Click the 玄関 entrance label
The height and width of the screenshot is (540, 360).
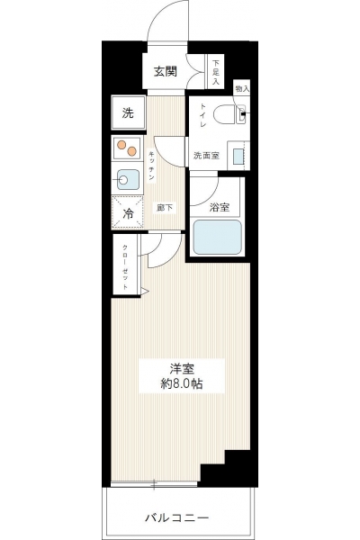[166, 71]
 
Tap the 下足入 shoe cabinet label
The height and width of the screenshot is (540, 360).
[216, 72]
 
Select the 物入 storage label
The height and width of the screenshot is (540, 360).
[242, 89]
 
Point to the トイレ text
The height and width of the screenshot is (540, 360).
[202, 115]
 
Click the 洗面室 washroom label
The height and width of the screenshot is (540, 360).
[206, 156]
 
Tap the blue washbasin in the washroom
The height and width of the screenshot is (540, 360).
[238, 157]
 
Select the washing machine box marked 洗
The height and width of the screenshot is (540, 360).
[128, 112]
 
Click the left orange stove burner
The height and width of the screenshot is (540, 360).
[121, 145]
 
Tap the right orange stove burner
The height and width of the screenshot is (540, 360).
[131, 151]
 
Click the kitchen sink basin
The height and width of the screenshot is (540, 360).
[128, 180]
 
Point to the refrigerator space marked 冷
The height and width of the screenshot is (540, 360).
[128, 212]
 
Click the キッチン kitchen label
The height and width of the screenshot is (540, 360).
[151, 166]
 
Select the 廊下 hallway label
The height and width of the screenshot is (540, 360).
[165, 208]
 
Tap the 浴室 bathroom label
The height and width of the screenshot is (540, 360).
[220, 207]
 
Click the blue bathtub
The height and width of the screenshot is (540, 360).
[217, 237]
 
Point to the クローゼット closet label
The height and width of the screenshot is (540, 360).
[125, 267]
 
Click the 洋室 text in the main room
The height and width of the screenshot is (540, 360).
[182, 369]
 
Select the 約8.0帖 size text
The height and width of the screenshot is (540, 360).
[182, 383]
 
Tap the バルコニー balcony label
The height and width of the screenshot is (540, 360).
[176, 517]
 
